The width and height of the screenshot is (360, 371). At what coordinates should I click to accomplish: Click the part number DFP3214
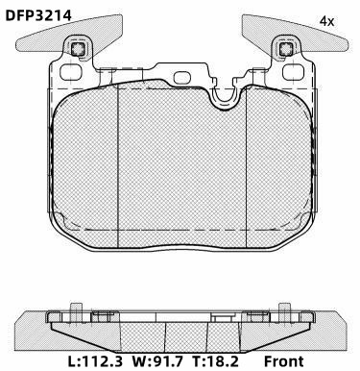(38, 15)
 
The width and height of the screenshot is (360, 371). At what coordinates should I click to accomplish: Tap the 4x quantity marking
(326, 22)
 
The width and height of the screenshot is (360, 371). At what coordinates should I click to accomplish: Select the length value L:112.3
(95, 361)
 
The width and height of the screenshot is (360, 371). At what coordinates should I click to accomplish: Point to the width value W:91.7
(157, 361)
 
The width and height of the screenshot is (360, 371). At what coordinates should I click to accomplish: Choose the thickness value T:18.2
(215, 361)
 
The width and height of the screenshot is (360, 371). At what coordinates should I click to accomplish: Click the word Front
(283, 361)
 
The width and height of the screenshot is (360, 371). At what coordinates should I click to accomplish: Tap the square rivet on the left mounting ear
(77, 49)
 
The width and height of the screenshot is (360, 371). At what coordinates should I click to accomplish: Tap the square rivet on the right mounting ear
(285, 49)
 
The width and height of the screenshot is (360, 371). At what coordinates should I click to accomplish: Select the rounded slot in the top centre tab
(181, 78)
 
